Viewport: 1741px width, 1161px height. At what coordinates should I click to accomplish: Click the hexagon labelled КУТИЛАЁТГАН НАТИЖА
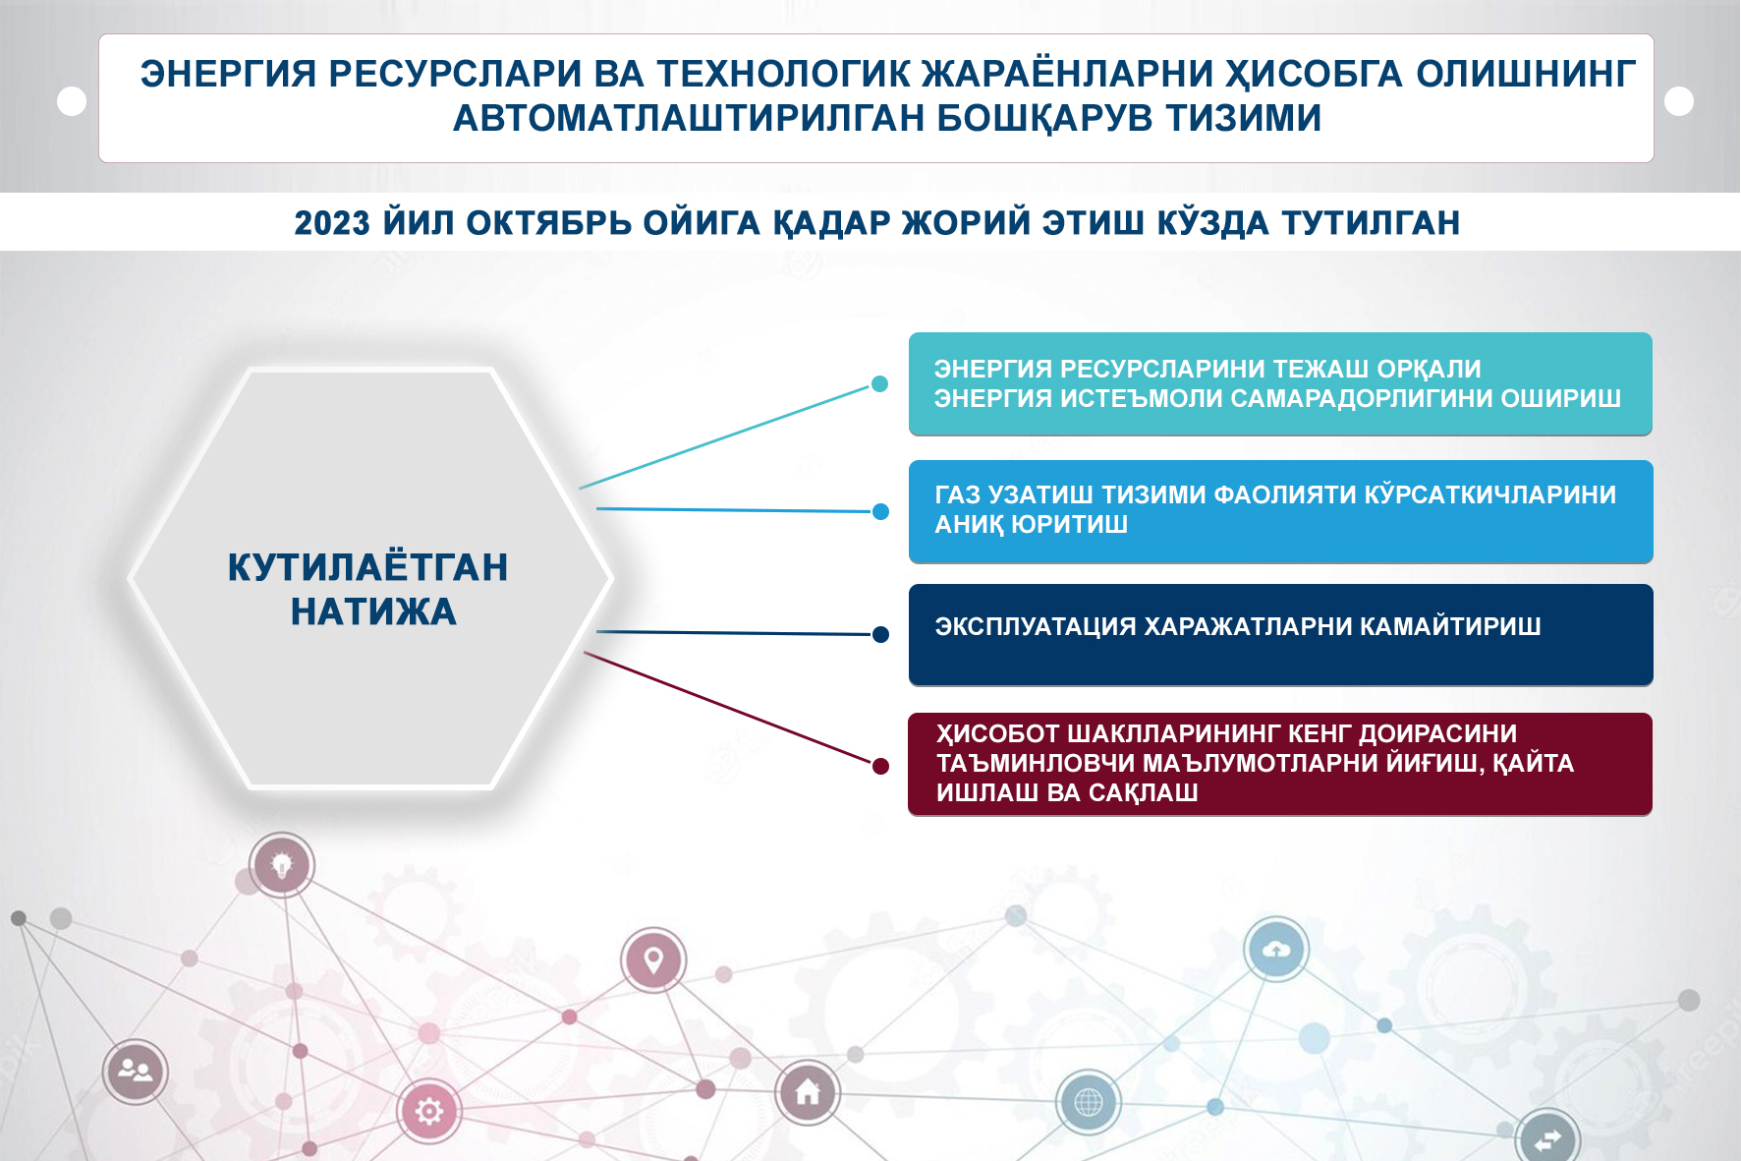click(x=370, y=578)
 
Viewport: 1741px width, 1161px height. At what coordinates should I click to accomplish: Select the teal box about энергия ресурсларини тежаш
click(x=1280, y=383)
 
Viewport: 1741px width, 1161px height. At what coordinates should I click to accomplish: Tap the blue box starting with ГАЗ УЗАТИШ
click(x=1280, y=511)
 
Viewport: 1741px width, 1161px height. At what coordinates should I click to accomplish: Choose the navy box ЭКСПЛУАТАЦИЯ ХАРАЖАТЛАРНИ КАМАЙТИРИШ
click(x=1280, y=635)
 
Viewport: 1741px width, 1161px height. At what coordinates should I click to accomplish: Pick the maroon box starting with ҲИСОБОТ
click(x=1280, y=764)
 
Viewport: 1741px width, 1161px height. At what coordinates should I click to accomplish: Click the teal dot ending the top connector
click(x=880, y=384)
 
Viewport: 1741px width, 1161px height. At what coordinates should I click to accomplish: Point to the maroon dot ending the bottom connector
click(x=880, y=766)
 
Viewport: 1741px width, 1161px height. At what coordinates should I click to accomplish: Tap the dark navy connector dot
click(x=880, y=635)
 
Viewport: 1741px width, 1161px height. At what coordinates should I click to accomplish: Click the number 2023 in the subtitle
click(x=332, y=223)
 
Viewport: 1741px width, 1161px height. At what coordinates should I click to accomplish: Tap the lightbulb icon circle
click(x=282, y=865)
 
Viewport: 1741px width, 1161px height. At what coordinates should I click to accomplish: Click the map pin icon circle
click(x=653, y=959)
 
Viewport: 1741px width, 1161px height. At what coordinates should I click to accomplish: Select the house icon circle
click(x=808, y=1092)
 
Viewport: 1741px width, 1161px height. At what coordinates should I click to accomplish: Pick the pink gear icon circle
click(x=429, y=1112)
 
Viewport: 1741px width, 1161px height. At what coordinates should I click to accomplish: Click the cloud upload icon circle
click(x=1276, y=950)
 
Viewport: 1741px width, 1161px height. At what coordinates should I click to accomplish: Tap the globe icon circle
click(x=1089, y=1102)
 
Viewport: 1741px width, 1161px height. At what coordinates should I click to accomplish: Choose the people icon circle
click(x=136, y=1072)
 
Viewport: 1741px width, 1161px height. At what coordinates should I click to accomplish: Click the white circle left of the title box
click(x=72, y=101)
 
